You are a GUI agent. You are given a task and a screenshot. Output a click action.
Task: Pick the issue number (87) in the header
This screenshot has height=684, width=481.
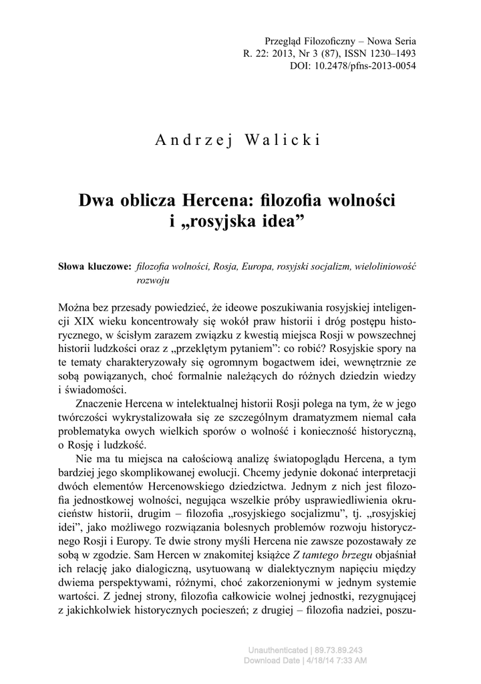pos(309,53)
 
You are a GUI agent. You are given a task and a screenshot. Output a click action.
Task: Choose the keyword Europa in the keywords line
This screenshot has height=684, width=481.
pos(255,267)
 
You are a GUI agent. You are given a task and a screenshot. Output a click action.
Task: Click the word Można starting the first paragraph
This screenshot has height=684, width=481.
pos(75,310)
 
